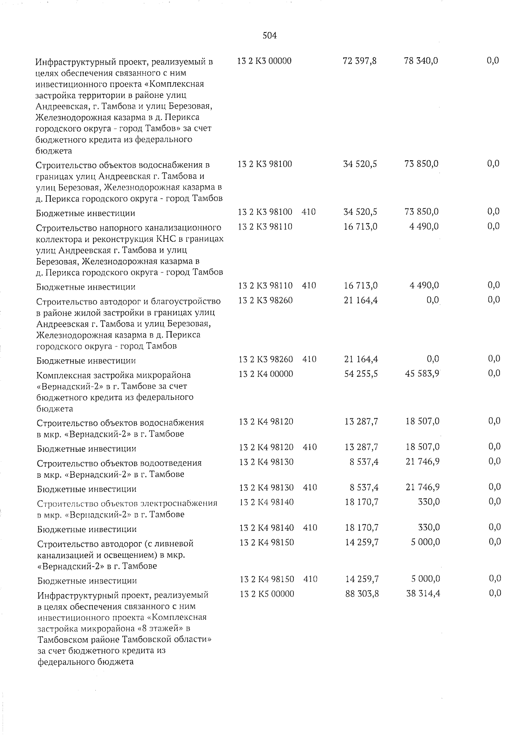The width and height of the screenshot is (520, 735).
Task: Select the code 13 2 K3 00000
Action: [264, 61]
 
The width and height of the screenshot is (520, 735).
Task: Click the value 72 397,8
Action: [359, 61]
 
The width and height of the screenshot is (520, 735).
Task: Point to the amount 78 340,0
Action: [421, 61]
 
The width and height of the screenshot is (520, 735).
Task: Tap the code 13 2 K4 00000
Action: [266, 374]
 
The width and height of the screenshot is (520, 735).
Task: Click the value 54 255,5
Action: [361, 374]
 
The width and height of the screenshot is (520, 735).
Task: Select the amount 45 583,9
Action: [422, 374]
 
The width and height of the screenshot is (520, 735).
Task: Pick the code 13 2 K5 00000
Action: [266, 594]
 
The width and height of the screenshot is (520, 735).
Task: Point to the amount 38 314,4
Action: [423, 594]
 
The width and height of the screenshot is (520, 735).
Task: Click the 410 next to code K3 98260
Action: [309, 359]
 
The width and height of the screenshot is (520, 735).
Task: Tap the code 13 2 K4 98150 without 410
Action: [266, 542]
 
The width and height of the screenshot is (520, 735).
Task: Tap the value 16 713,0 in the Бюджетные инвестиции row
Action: [361, 286]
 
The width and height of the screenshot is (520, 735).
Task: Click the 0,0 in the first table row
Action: [493, 61]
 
